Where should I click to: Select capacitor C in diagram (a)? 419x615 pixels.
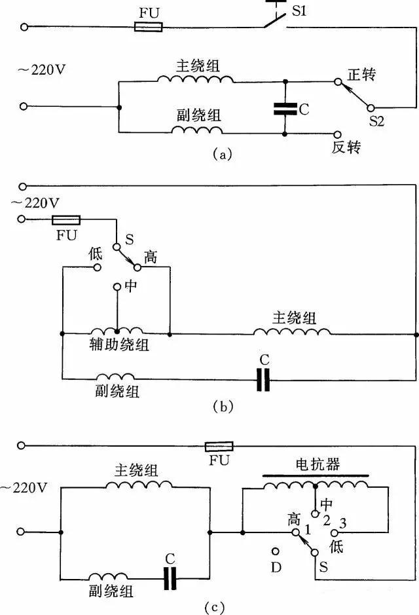click(x=285, y=109)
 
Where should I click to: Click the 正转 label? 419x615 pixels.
click(x=361, y=75)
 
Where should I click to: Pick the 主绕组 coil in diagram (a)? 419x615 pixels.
click(x=195, y=79)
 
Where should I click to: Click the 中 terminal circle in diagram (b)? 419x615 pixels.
click(x=117, y=286)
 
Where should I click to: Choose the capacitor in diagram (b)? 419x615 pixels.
click(x=263, y=379)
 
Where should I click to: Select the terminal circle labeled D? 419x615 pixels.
click(x=276, y=552)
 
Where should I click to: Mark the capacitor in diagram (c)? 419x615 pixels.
click(x=171, y=576)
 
